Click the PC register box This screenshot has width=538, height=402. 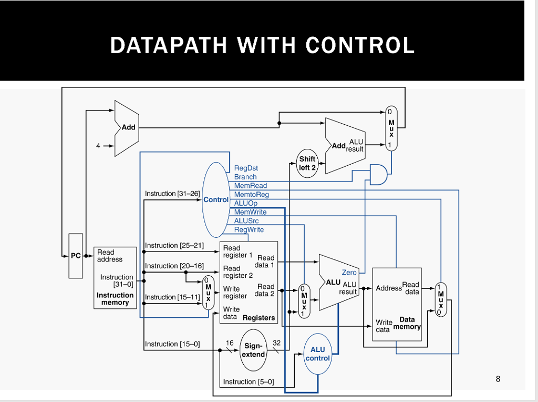[76, 256]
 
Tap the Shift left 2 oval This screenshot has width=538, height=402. [307, 163]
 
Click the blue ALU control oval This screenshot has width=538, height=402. [318, 354]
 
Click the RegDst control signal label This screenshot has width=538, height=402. [246, 168]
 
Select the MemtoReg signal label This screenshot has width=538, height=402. [251, 195]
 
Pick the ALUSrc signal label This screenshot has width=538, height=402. [246, 221]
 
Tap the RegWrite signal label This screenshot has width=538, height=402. [249, 230]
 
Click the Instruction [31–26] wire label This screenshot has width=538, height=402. [172, 194]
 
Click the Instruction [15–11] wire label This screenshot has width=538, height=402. [172, 297]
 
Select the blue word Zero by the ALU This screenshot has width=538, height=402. [349, 273]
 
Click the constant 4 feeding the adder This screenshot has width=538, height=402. [98, 146]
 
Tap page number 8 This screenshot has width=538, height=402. [498, 378]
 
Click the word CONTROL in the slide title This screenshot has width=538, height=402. [360, 45]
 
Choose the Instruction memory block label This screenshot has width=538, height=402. [115, 299]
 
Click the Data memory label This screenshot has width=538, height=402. [407, 323]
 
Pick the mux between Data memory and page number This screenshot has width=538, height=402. [441, 299]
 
